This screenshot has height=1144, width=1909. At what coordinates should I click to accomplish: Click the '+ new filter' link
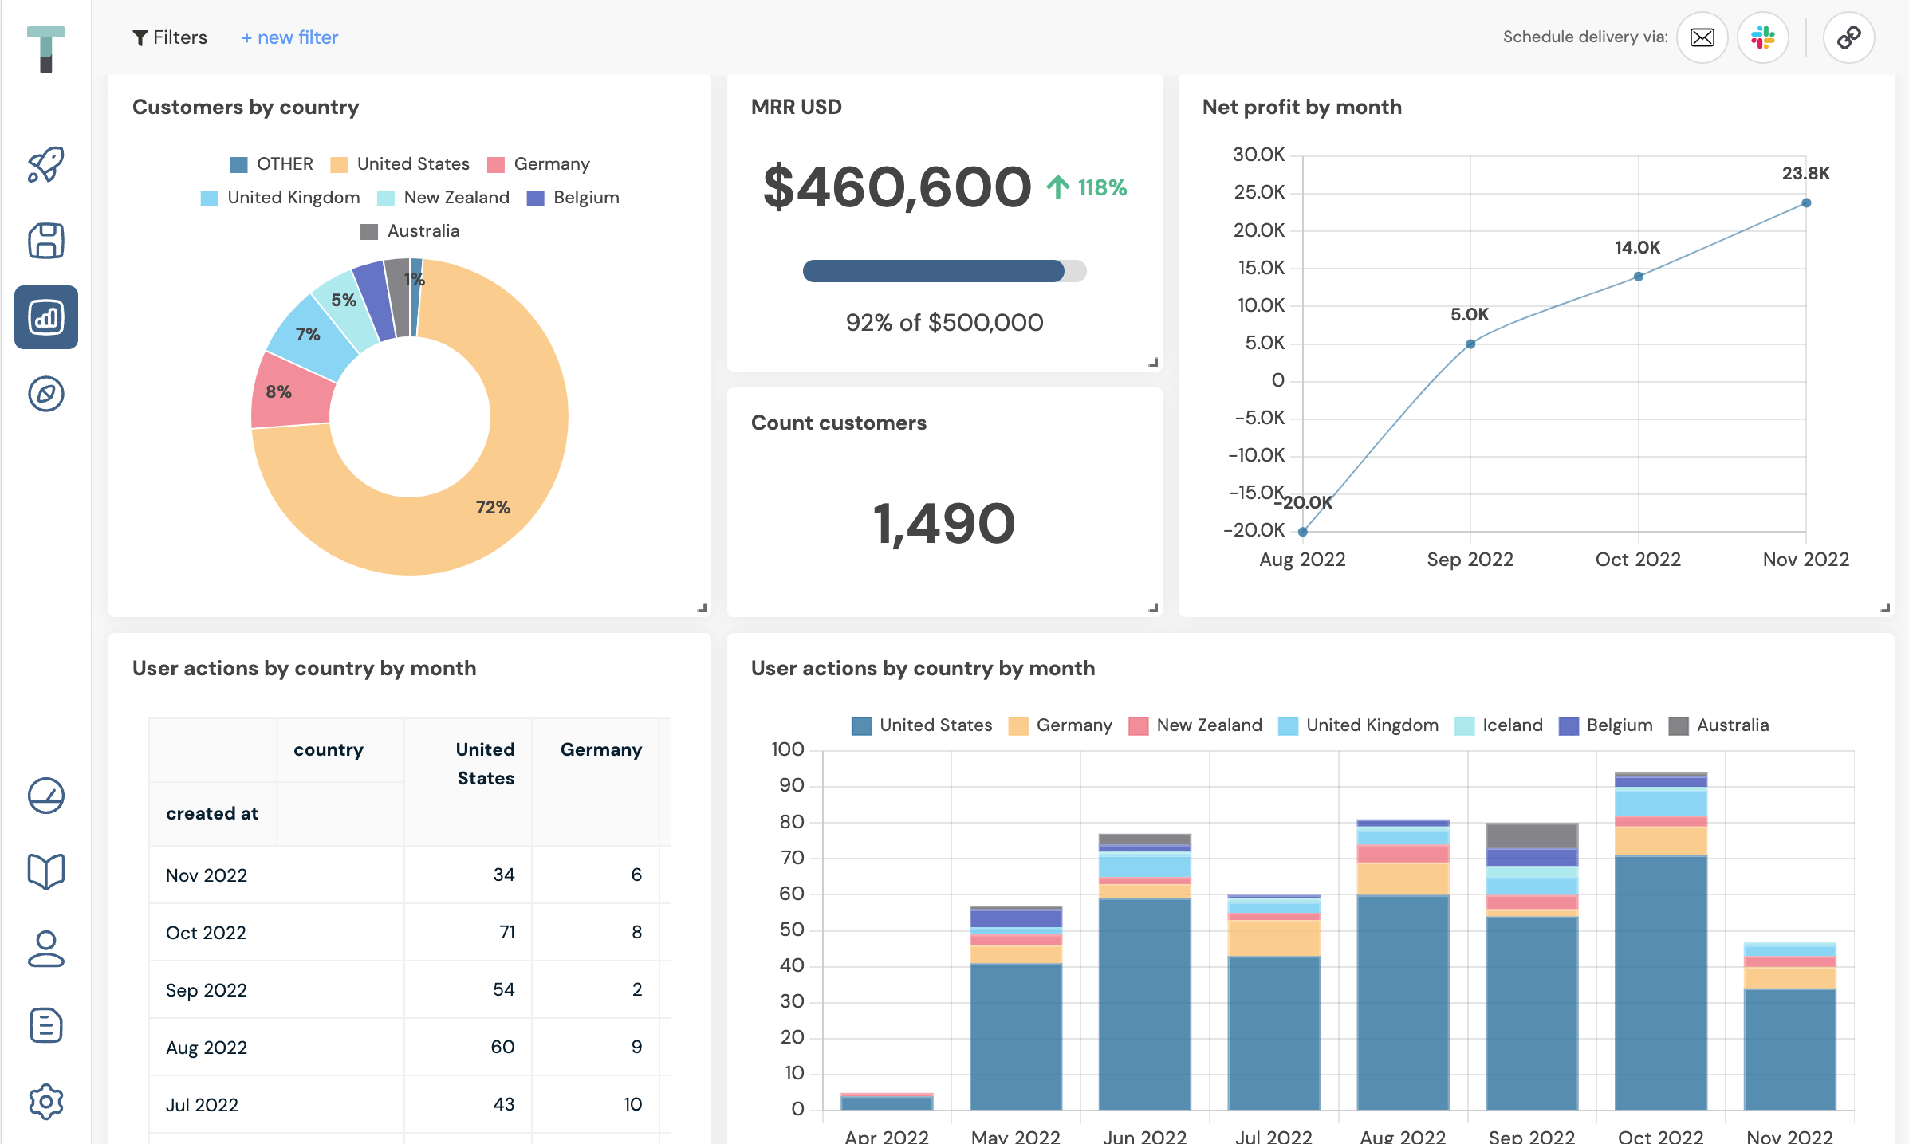[x=289, y=37]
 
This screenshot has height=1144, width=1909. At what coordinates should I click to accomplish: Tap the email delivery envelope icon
[x=1702, y=37]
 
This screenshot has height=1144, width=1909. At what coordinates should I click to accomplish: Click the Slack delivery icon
[x=1762, y=37]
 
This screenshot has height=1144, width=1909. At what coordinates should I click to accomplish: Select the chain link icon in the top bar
[x=1848, y=37]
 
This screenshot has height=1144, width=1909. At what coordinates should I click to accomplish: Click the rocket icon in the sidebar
[x=46, y=164]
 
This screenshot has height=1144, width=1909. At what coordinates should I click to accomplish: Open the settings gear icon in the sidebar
[x=46, y=1102]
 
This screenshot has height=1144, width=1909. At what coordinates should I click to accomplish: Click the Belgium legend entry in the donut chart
[x=573, y=198]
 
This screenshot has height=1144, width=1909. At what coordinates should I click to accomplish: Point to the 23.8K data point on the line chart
[x=1806, y=202]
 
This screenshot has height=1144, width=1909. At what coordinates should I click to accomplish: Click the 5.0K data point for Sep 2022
[x=1470, y=344]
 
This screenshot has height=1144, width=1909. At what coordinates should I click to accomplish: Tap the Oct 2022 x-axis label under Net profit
[x=1638, y=560]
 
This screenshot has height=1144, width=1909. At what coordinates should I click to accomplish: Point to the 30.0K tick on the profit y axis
[x=1259, y=155]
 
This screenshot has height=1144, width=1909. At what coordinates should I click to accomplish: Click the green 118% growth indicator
[x=1087, y=187]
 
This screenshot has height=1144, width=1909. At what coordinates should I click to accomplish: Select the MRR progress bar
[x=944, y=271]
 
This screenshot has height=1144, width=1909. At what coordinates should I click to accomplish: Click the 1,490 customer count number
[x=944, y=524]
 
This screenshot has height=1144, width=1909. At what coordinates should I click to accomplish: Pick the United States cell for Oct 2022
[x=507, y=932]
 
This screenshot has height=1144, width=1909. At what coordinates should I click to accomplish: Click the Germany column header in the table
[x=601, y=749]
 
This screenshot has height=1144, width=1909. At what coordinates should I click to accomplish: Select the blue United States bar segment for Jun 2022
[x=1144, y=1004]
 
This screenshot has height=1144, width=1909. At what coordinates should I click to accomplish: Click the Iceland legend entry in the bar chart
[x=1499, y=725]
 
